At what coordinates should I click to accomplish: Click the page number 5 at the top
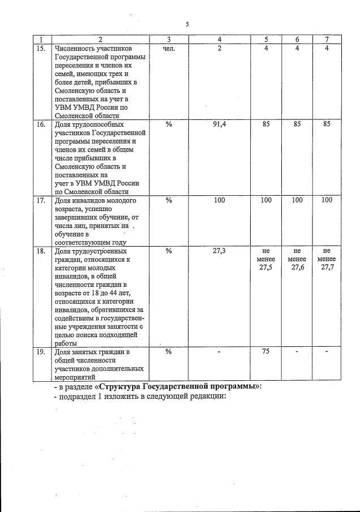[187, 24]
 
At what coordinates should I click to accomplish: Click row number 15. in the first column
[41, 49]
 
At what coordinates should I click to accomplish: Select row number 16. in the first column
[41, 124]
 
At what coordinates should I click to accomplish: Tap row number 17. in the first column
[41, 200]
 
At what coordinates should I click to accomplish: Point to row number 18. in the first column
[41, 251]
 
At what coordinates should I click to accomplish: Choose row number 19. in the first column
[41, 352]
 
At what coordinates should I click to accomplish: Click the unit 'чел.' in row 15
[169, 49]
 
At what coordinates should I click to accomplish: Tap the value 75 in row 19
[265, 352]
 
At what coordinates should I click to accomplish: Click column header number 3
[169, 39]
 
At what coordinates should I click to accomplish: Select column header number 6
[297, 39]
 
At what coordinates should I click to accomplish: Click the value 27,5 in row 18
[265, 268]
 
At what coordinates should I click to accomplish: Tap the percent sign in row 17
[169, 200]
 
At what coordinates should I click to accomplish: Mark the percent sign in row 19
[169, 352]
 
